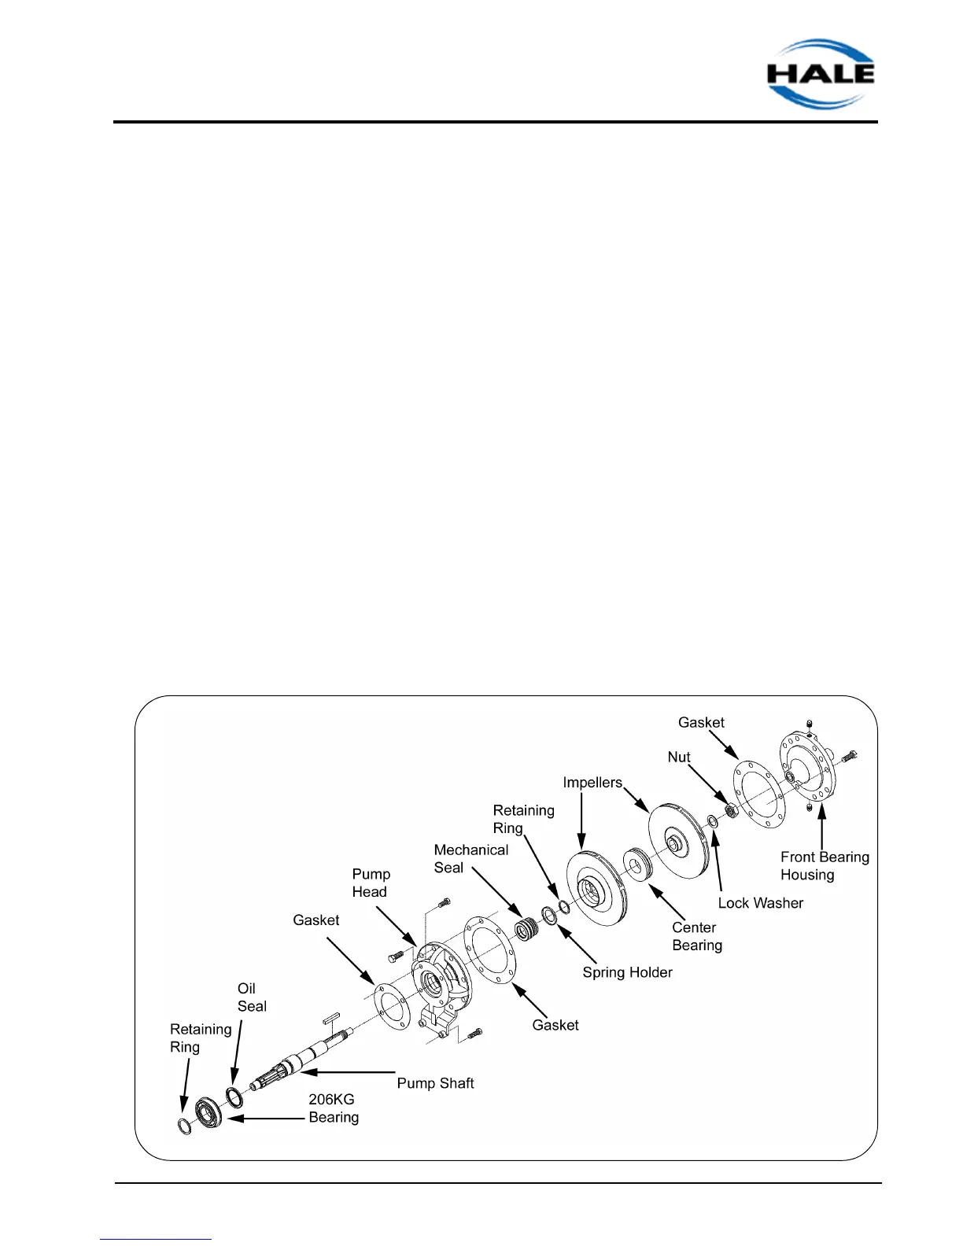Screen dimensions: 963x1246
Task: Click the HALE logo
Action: (821, 73)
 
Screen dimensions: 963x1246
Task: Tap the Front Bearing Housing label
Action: (824, 865)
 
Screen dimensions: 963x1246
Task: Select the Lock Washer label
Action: (760, 903)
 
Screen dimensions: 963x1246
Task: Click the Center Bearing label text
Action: (696, 936)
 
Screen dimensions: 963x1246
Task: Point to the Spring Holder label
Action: (627, 972)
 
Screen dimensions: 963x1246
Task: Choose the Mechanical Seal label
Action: (470, 858)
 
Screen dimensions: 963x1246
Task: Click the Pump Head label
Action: (371, 883)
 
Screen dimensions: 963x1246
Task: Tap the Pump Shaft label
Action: (435, 1083)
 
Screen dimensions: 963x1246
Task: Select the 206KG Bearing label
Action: (333, 1108)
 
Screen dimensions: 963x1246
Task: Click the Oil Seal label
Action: (252, 997)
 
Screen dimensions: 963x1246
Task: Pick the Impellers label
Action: (592, 783)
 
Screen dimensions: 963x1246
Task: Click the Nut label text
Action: (678, 757)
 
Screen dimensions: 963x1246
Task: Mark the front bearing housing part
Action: (806, 769)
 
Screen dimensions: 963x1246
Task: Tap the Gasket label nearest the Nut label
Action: (701, 722)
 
